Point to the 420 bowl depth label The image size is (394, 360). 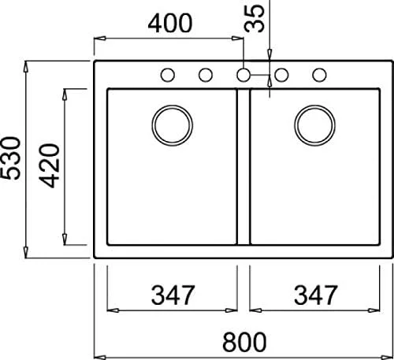pos(50,165)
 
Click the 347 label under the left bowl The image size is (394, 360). pos(173,296)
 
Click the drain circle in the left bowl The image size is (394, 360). pos(172,123)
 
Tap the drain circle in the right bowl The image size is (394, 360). pos(314,123)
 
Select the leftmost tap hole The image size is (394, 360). pos(167,75)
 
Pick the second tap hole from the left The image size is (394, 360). pos(205,75)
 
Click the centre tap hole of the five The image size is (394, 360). pos(243,75)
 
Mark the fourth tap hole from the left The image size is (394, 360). pos(281,75)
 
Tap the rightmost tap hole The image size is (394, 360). pos(320,75)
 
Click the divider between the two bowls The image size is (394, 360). pos(243,165)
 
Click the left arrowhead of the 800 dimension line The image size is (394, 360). pos(99,353)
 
